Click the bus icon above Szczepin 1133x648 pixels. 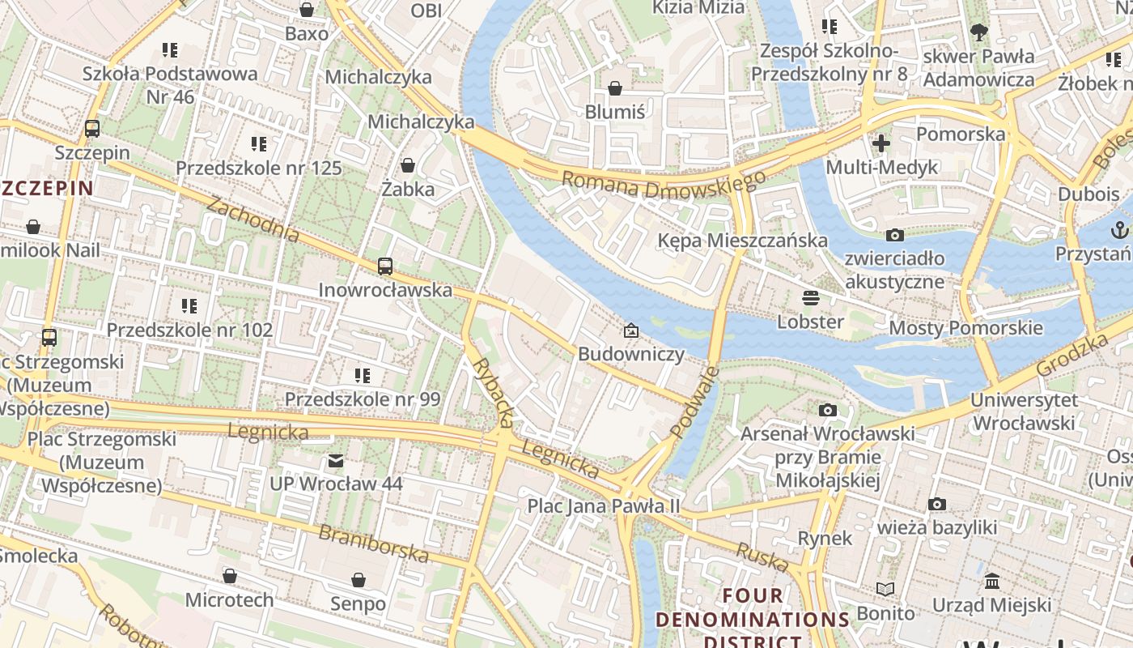[92, 128]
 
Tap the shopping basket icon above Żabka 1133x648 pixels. [409, 165]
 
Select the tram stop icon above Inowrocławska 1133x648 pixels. [385, 266]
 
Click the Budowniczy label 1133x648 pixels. [630, 354]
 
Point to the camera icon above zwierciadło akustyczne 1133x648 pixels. [894, 236]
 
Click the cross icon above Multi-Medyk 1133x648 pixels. [881, 144]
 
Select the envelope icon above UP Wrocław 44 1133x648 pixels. [336, 461]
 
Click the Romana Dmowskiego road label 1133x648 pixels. [663, 185]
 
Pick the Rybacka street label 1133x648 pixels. [494, 393]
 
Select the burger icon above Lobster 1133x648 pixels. [810, 298]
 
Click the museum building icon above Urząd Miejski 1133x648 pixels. [991, 582]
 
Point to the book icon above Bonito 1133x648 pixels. [885, 589]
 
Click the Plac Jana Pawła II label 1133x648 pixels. [604, 506]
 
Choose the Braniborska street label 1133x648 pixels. [373, 544]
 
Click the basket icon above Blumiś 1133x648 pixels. [615, 88]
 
